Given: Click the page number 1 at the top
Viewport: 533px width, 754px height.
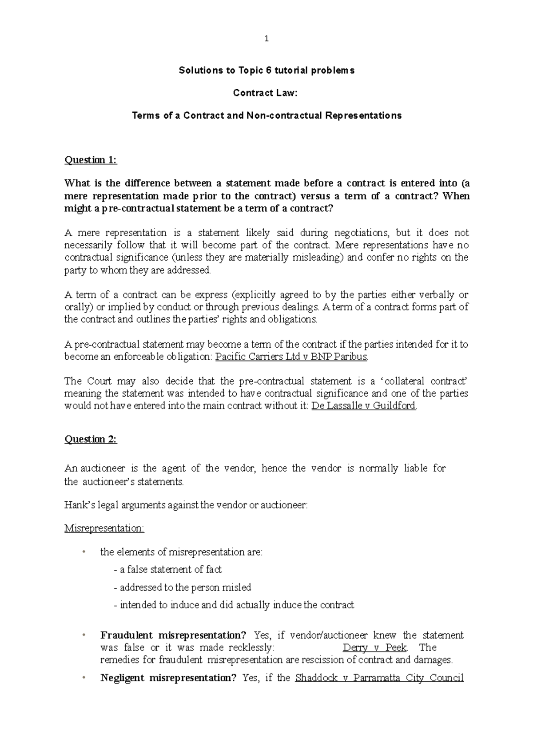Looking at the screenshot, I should [266, 39].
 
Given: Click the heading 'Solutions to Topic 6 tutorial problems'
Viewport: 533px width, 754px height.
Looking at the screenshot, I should [266, 70].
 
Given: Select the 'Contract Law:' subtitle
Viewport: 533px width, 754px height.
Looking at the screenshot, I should [266, 93].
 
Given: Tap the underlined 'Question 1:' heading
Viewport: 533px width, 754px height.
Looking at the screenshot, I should [91, 160].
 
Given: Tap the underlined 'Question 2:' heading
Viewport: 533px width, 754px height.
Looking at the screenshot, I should [91, 439].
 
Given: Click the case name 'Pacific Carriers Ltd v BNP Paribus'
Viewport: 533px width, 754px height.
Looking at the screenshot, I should [291, 357].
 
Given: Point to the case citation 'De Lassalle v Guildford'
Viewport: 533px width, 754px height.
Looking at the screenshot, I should [364, 406].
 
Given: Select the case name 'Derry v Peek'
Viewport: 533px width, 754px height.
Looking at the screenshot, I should [374, 647].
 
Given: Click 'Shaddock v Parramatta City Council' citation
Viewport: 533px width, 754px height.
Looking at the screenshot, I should [379, 678].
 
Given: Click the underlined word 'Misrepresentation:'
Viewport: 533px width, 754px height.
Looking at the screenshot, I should [104, 528].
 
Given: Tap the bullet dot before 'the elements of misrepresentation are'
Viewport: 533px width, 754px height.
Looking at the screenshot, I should [83, 552].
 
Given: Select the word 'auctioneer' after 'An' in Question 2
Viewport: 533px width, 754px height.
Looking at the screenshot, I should [100, 468].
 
